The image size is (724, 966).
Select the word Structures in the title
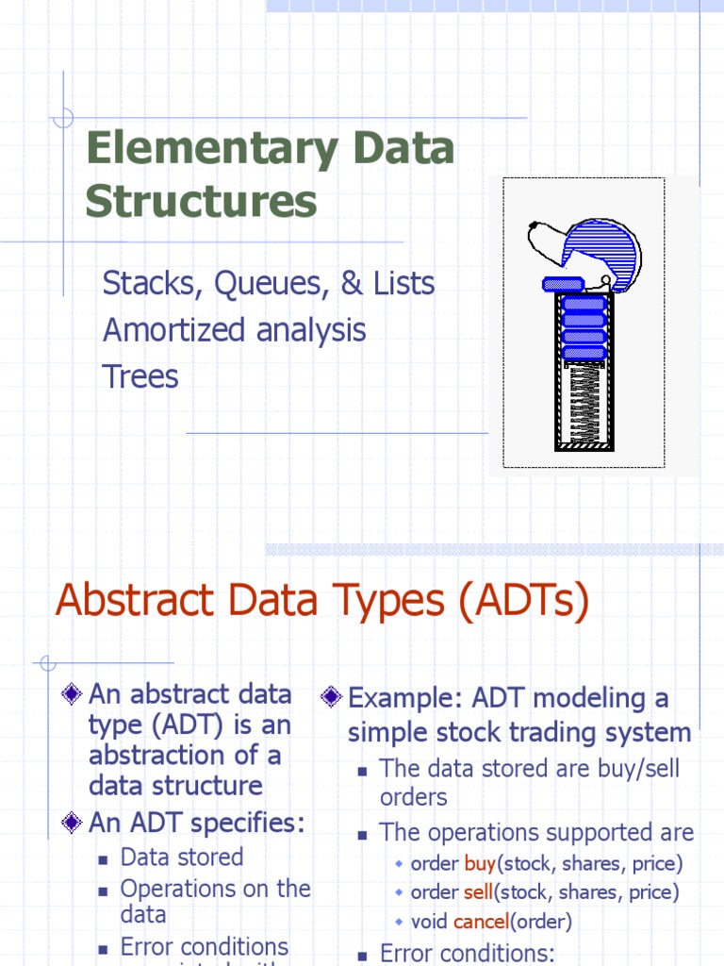tap(201, 202)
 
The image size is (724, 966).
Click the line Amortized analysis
tap(234, 330)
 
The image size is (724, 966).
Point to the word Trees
tap(140, 376)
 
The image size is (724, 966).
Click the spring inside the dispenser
tap(584, 403)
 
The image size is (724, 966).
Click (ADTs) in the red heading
tap(524, 601)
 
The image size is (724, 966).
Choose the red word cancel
tap(481, 922)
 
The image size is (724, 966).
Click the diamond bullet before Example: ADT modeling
tap(331, 698)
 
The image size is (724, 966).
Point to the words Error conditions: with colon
tap(468, 952)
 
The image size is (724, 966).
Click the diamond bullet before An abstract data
tap(72, 695)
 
